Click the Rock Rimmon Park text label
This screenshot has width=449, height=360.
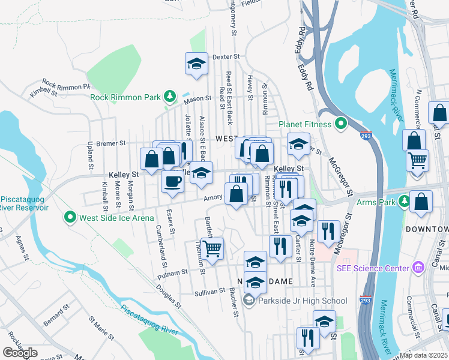[x=125, y=97]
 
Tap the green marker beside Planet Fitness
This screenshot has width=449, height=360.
[x=341, y=125]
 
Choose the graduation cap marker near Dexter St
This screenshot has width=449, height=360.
[x=195, y=65]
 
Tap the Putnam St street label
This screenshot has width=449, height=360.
[x=176, y=273]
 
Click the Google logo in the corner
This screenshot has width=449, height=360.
[x=20, y=353]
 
